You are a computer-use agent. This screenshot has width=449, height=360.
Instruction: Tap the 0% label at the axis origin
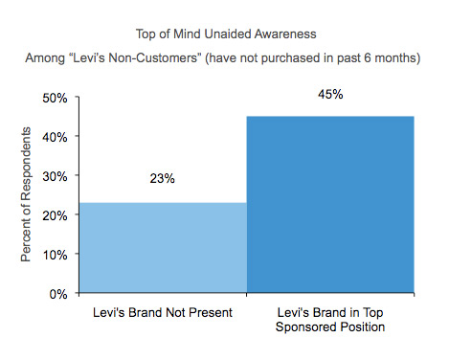coord(55,294)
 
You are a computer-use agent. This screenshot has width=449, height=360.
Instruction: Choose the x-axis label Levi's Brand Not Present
coord(163,314)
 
